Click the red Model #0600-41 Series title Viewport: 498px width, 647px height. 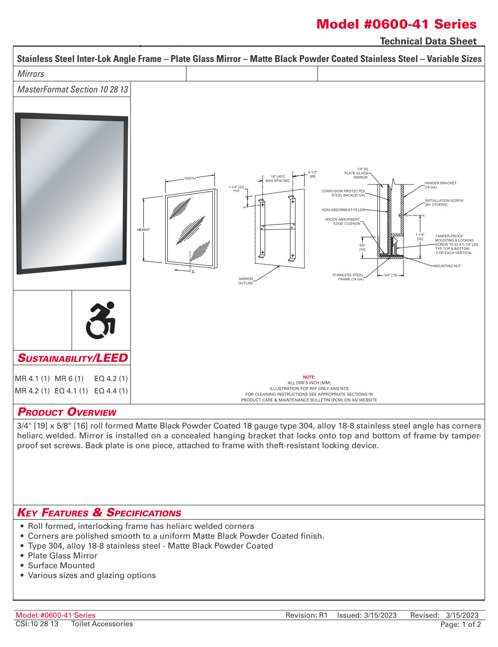[396, 24]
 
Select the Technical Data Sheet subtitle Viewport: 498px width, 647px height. [428, 41]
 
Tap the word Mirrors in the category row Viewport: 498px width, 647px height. [31, 74]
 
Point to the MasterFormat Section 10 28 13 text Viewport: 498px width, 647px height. [73, 89]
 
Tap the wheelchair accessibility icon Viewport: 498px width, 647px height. [101, 320]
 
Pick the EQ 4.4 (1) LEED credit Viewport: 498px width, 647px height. [111, 391]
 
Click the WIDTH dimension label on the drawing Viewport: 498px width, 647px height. [190, 178]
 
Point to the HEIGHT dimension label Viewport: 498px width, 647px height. [143, 230]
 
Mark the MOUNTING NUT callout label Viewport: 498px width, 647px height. [447, 266]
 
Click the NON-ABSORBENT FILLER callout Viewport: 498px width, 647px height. [344, 210]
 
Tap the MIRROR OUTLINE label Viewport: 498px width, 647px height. [245, 281]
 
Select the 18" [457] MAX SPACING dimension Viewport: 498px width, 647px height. [277, 179]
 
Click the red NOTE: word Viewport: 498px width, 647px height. [309, 377]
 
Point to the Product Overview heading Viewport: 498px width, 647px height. [67, 412]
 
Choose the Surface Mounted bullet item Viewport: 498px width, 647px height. [61, 565]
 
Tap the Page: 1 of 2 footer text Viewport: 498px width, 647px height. [460, 624]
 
